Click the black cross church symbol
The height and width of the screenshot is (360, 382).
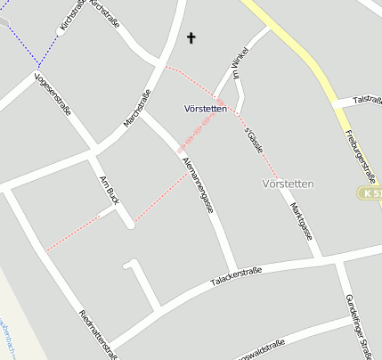pos(190,38)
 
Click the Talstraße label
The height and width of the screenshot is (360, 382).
pos(367,100)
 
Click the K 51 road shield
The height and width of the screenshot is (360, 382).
pos(372,193)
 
